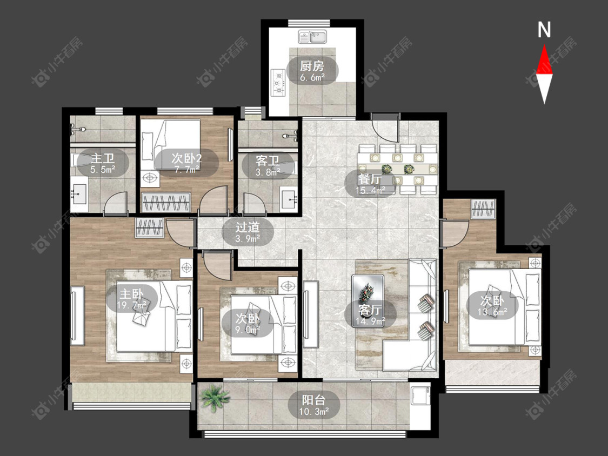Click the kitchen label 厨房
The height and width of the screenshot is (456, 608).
[x=312, y=66]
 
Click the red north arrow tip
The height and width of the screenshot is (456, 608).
[x=544, y=45]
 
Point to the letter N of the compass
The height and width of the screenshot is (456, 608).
[x=544, y=30]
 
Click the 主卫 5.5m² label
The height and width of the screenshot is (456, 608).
[x=102, y=164]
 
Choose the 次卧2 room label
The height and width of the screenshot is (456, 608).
[x=186, y=158]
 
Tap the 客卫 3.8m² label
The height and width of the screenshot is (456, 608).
[x=268, y=166]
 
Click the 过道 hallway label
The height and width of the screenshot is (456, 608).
[x=248, y=226]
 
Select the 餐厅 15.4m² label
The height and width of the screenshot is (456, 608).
[x=370, y=184]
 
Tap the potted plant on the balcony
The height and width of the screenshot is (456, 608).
[x=214, y=398]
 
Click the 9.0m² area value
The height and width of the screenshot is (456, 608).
[x=248, y=330]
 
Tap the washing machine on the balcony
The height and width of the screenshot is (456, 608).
[x=420, y=395]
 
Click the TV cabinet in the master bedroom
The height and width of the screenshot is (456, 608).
[x=77, y=315]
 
